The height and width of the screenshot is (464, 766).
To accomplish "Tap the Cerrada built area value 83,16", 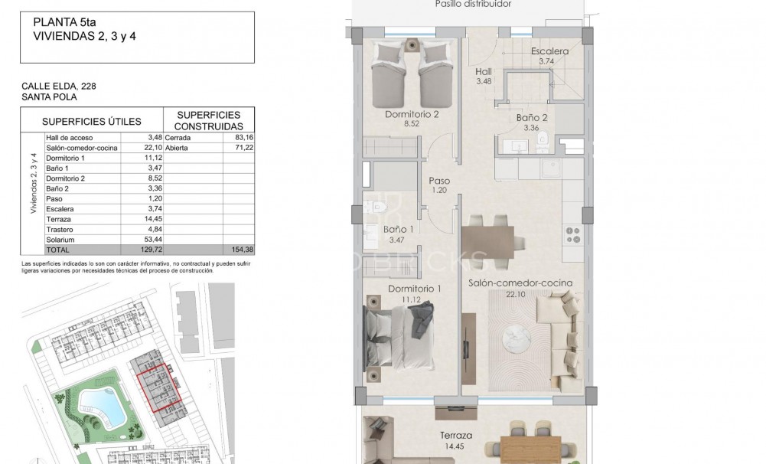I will coord(243,137).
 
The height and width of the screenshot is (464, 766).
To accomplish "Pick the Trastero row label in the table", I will coord(59,229).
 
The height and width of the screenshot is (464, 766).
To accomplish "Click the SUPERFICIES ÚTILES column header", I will coord(92,121).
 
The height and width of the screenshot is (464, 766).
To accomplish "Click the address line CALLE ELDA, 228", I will coord(59,87).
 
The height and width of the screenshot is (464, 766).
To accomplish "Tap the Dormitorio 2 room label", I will coord(412,116).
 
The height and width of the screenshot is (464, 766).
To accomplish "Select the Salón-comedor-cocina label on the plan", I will coord(520,283).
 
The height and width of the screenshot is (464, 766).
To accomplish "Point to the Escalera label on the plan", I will coord(549,51).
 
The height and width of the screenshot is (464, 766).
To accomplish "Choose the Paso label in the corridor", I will coord(439,181).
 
